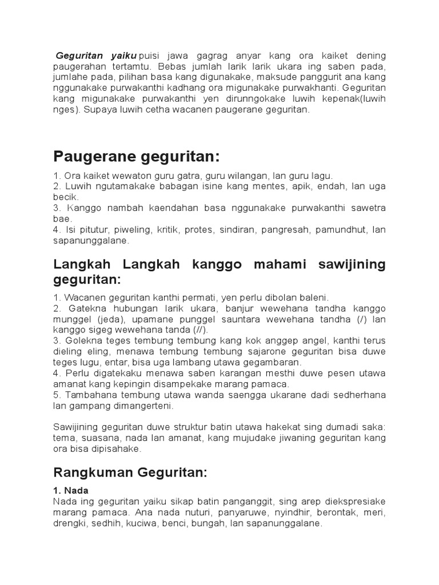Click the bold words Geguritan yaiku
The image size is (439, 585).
(x=96, y=56)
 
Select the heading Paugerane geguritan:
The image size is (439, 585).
(x=136, y=156)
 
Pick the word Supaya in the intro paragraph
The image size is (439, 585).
(x=98, y=110)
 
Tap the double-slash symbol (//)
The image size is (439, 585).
(x=200, y=330)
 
